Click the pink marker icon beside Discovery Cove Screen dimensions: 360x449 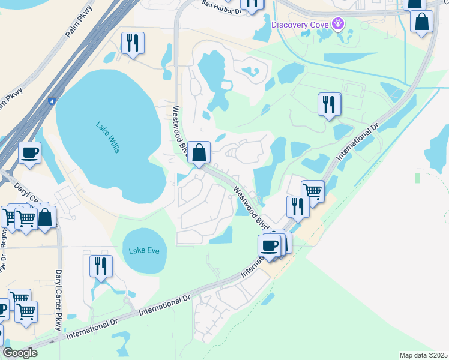(x=339, y=24)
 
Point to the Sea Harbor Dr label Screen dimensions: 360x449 (x=221, y=7)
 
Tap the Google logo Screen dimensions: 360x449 (x=20, y=353)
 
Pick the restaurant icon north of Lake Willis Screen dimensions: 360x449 (x=132, y=43)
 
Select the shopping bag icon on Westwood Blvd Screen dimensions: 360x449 (x=199, y=152)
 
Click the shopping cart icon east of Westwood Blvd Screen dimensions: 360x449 (x=312, y=191)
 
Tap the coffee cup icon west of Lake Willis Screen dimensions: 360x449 (x=29, y=152)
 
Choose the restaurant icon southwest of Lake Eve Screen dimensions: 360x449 (x=101, y=266)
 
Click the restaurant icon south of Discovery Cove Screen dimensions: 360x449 (x=329, y=104)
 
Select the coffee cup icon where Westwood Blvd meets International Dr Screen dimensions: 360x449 (x=269, y=245)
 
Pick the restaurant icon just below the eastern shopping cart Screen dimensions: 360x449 (x=298, y=206)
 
